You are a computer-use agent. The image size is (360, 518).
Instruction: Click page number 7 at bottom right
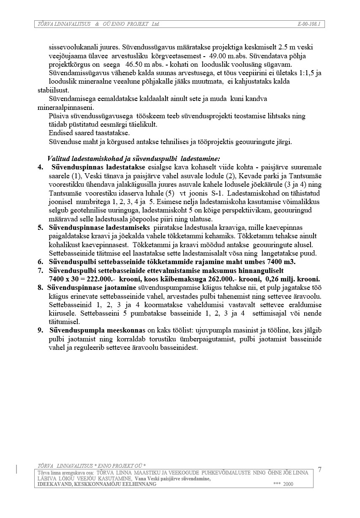click(319, 470)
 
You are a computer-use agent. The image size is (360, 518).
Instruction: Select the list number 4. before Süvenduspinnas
click(41, 167)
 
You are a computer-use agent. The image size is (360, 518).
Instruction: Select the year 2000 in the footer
click(288, 484)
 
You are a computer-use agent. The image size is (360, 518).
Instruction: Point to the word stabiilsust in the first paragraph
click(53, 90)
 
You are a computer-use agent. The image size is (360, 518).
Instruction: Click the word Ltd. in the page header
click(155, 24)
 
